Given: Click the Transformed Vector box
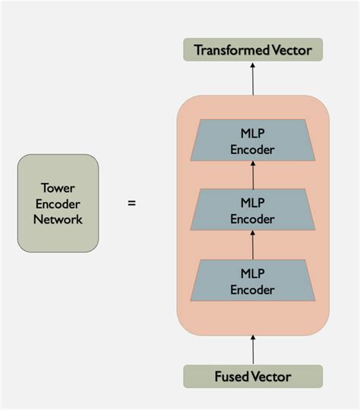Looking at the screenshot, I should point(253,50).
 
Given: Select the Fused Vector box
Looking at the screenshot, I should point(253,376).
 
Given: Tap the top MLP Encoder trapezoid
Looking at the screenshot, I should point(253,140).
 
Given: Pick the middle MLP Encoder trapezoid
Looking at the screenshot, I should point(253,210).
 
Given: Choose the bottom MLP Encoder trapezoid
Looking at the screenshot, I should point(253,280).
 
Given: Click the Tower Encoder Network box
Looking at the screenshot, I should point(58,203).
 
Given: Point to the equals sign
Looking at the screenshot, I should point(131,203).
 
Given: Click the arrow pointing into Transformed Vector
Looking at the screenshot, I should point(253,79).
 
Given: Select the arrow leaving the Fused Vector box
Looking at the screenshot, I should point(253,349).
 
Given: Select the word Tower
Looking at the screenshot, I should point(58,187).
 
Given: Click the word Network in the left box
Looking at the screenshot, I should point(58,219).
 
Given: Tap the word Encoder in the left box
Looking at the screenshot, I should point(58,203).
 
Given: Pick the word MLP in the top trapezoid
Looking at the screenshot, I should point(253,133).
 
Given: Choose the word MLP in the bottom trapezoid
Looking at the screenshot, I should point(253,273).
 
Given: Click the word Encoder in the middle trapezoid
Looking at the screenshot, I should point(253,219).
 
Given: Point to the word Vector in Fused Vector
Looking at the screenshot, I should point(273,376).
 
